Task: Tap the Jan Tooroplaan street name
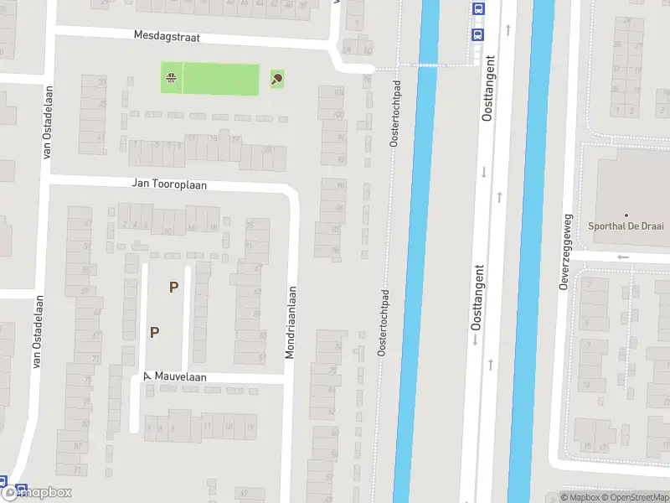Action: [168, 184]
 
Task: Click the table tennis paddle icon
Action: [276, 80]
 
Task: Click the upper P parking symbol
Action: [173, 287]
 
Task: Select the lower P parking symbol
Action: [154, 332]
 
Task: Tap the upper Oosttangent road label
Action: [490, 88]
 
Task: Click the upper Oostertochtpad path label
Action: [397, 113]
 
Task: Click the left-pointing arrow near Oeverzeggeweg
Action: [622, 257]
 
